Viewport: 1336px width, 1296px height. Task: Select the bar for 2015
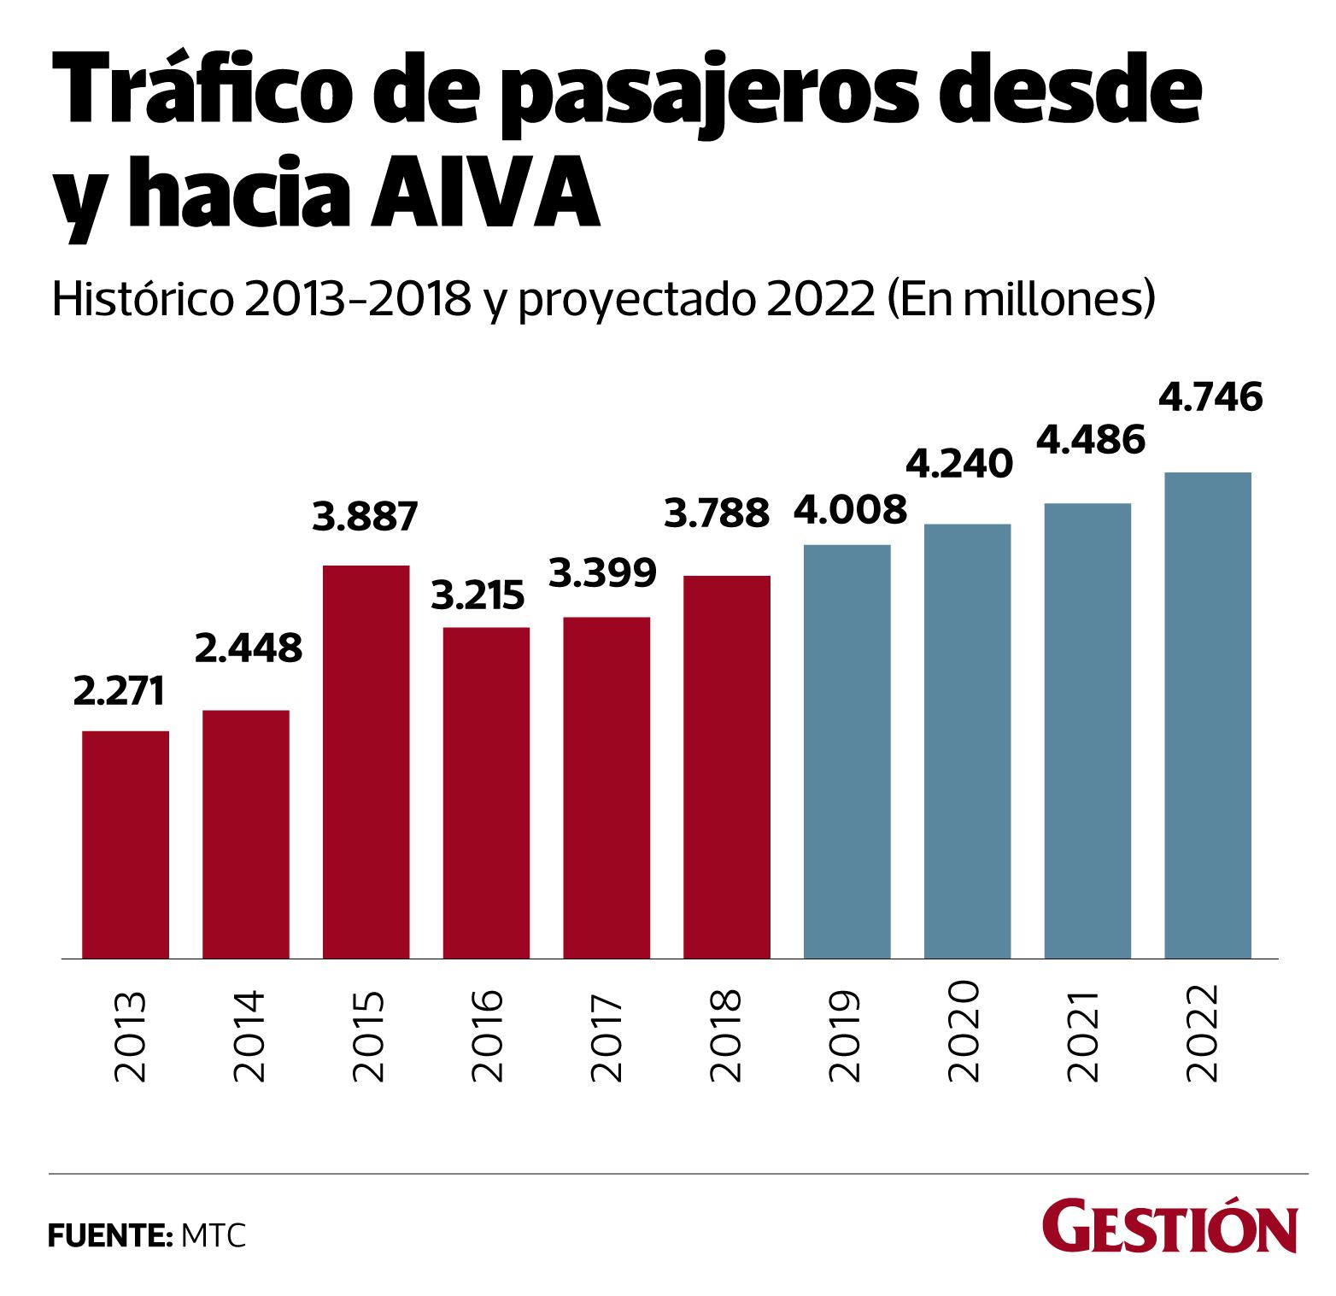(366, 761)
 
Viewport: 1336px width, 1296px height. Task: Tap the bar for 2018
(727, 766)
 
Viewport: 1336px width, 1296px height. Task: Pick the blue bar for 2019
(847, 751)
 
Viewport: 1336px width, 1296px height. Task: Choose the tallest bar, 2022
(1208, 715)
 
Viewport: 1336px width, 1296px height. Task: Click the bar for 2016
(486, 793)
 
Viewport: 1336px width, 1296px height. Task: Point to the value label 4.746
(1210, 398)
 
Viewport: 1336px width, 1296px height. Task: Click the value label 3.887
(366, 517)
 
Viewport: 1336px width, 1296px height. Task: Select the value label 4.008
(850, 510)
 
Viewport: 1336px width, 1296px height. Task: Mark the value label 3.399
(603, 572)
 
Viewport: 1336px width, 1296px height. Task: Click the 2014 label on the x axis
(248, 1036)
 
